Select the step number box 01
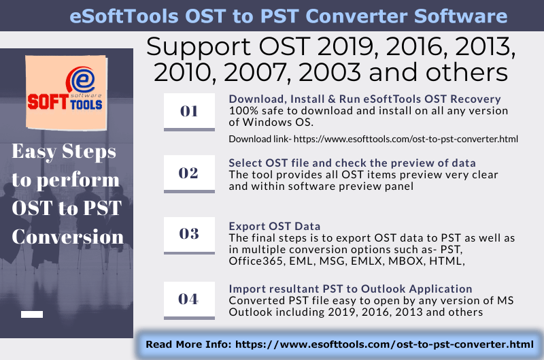coord(188,111)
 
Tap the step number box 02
coord(188,173)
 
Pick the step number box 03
coord(188,234)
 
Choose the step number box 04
coord(188,297)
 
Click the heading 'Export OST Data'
coord(274,226)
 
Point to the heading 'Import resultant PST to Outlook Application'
coord(350,289)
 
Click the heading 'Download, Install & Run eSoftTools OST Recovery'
coord(364,99)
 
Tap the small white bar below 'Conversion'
coord(32,314)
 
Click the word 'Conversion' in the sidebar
coord(68,237)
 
